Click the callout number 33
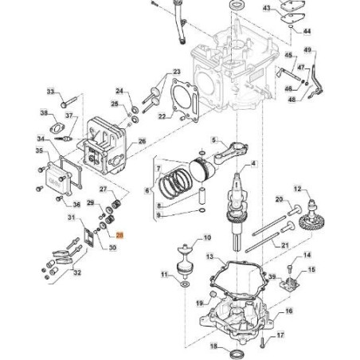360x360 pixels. tap(51, 92)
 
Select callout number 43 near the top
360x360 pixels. tap(267, 9)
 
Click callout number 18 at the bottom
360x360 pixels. tap(213, 346)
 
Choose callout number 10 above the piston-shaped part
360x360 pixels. tap(207, 237)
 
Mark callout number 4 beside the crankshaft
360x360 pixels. tap(253, 162)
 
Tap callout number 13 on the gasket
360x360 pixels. tap(209, 257)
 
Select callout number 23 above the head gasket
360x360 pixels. tap(177, 72)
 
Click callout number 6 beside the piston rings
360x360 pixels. tap(147, 191)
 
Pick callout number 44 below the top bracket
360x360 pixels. tap(308, 33)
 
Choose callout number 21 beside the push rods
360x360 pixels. tap(284, 245)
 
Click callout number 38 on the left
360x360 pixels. tap(45, 113)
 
